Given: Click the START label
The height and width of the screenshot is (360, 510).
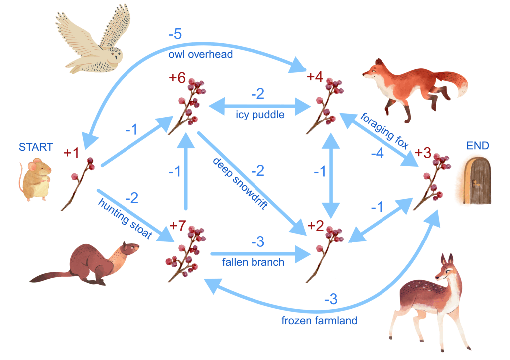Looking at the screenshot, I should click(x=35, y=147).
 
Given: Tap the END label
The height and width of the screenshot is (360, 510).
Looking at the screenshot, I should click(x=478, y=146).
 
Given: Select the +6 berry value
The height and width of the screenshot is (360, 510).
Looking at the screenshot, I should click(x=177, y=78).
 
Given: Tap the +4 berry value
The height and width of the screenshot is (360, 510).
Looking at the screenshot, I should click(x=315, y=77).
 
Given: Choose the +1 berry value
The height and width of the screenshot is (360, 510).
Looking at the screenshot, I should click(x=71, y=153).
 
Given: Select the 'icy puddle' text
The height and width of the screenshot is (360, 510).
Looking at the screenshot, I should click(x=260, y=115).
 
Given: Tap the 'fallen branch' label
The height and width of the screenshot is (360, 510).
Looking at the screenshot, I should click(x=253, y=262).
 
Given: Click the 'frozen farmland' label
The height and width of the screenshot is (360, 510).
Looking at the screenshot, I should click(x=319, y=321).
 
